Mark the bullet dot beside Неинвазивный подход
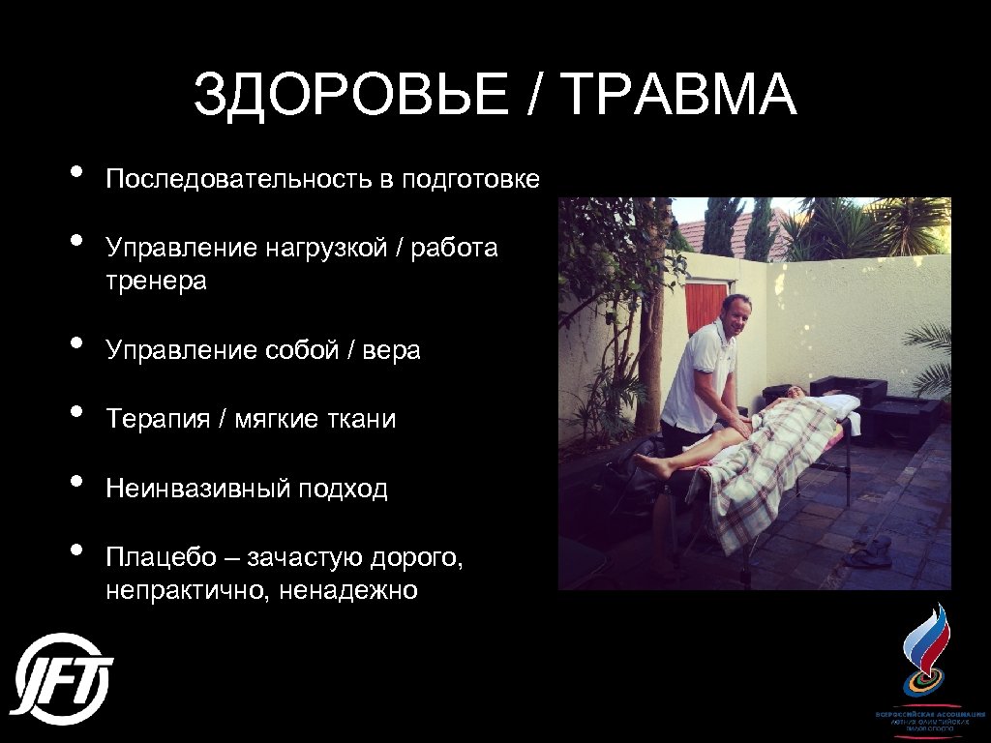pos(75,482)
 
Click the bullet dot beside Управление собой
pos(75,343)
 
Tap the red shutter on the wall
pos(706,304)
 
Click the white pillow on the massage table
pos(832,403)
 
